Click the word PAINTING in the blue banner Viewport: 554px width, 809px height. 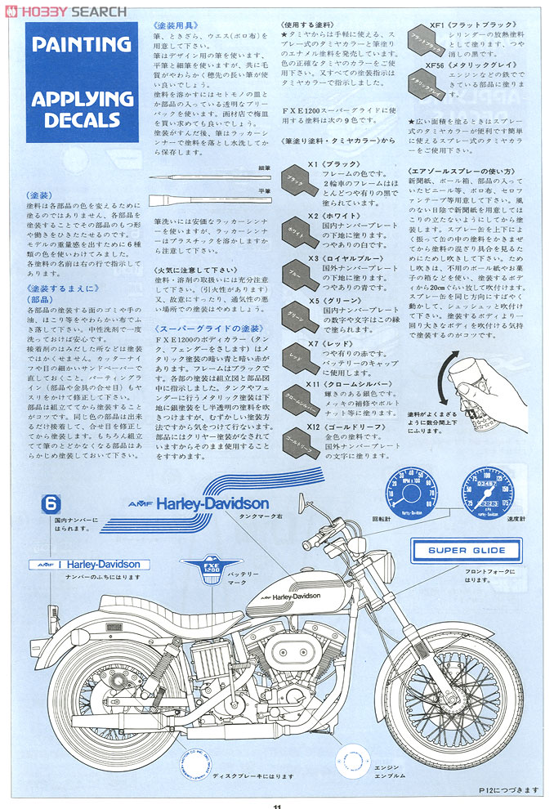(x=82, y=44)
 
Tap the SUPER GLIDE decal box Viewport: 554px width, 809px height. (x=466, y=550)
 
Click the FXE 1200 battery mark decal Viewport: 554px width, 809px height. (x=201, y=572)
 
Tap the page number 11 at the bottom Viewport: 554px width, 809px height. (x=277, y=804)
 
